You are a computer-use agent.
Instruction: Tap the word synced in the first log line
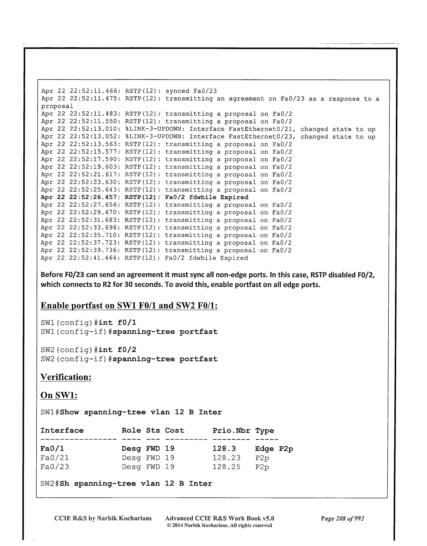(x=177, y=91)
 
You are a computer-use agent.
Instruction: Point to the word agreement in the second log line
(x=246, y=99)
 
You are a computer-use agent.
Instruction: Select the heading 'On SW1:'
(x=59, y=395)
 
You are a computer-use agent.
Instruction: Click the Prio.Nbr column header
(x=231, y=431)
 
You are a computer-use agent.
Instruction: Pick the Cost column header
(x=174, y=431)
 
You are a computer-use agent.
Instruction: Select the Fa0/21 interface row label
(x=55, y=458)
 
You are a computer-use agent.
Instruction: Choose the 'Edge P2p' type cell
(x=274, y=449)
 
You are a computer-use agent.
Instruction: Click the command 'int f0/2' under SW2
(x=117, y=350)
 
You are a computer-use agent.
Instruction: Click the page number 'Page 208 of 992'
(x=342, y=519)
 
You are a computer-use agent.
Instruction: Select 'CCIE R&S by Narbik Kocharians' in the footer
(x=103, y=518)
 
